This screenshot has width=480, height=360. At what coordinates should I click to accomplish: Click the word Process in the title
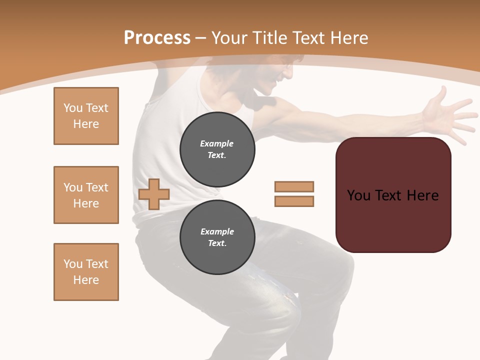pos(157,38)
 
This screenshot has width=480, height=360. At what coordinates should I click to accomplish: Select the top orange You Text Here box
pos(86,116)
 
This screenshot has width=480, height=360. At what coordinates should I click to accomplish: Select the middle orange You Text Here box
pos(86,195)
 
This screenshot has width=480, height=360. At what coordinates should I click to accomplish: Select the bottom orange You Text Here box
pos(86,272)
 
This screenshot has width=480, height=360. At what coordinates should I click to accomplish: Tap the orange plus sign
pos(154,194)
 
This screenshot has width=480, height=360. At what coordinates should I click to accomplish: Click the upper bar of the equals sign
pos(294,186)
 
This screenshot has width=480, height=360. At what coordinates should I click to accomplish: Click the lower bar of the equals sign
pos(294,201)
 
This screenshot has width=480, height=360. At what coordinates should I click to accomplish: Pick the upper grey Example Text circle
pos(217,149)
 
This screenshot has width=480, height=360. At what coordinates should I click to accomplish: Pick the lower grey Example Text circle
pos(217,237)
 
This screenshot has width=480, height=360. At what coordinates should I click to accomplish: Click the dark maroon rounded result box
pos(393,220)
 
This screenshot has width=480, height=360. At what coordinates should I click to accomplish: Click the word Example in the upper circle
pos(216,143)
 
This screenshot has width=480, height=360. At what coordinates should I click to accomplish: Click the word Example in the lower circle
pos(217,231)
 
